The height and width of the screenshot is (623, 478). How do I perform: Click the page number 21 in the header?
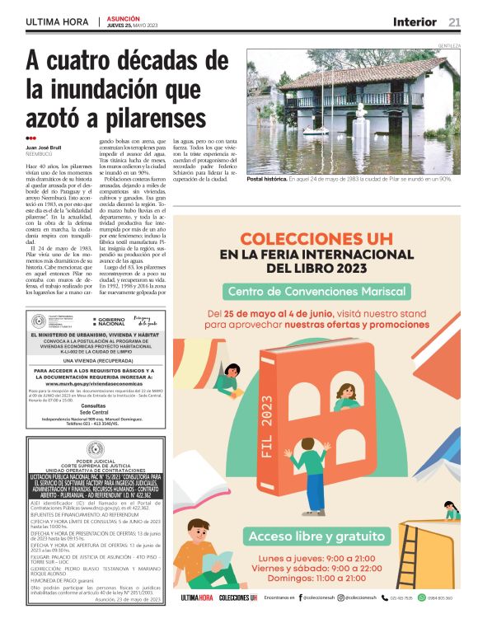tap(455, 22)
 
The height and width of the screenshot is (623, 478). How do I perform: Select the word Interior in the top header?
tap(415, 22)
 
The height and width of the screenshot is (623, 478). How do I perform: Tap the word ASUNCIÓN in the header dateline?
tap(123, 17)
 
